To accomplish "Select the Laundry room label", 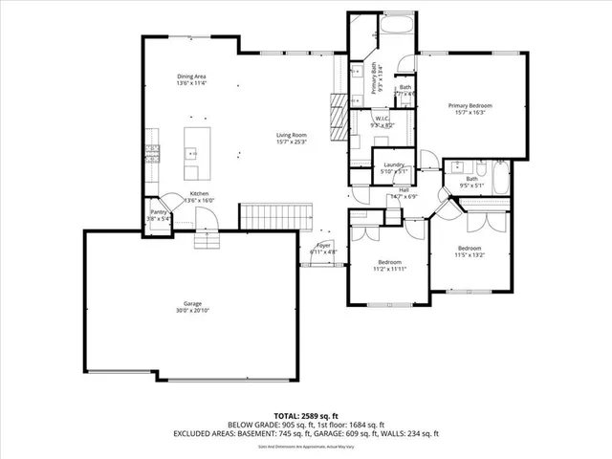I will (x=393, y=164).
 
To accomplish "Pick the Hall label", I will (x=404, y=190).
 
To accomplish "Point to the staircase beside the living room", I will (x=277, y=217).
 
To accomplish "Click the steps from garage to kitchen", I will (x=208, y=239).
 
